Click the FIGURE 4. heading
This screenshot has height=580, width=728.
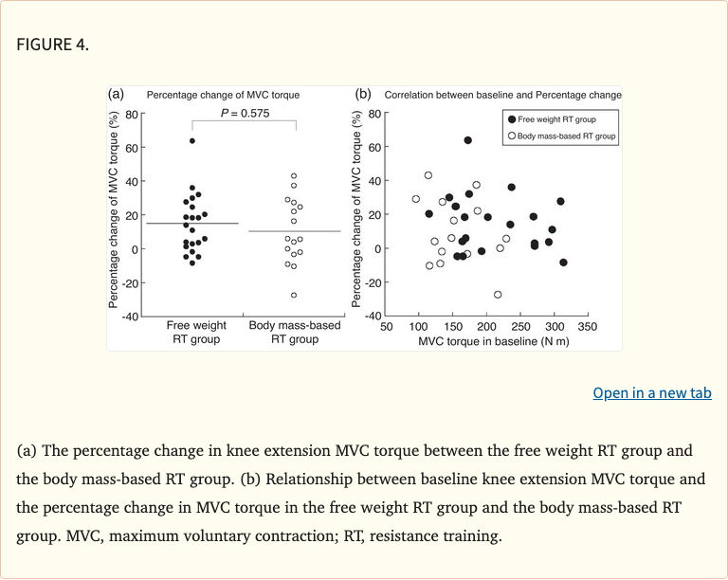[x=53, y=44]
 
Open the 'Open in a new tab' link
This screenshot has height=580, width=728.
[x=651, y=392]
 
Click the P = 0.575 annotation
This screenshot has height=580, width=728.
[x=245, y=114]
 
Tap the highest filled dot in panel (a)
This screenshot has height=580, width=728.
[x=192, y=140]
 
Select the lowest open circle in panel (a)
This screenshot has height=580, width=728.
[x=294, y=295]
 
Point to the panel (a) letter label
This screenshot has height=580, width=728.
[x=117, y=94]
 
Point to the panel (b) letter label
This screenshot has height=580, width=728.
[x=362, y=94]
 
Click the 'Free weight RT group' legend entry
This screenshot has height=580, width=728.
[x=560, y=119]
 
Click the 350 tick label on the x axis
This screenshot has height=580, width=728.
[x=587, y=327]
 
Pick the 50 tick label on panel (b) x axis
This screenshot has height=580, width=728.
[x=386, y=327]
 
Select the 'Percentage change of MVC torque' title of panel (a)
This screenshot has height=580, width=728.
[x=222, y=95]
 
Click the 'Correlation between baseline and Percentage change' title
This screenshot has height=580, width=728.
[x=502, y=95]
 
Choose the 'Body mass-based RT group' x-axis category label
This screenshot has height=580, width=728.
[x=294, y=332]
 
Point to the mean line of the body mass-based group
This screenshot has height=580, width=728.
[x=294, y=231]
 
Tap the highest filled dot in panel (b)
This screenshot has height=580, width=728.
[x=467, y=140]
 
